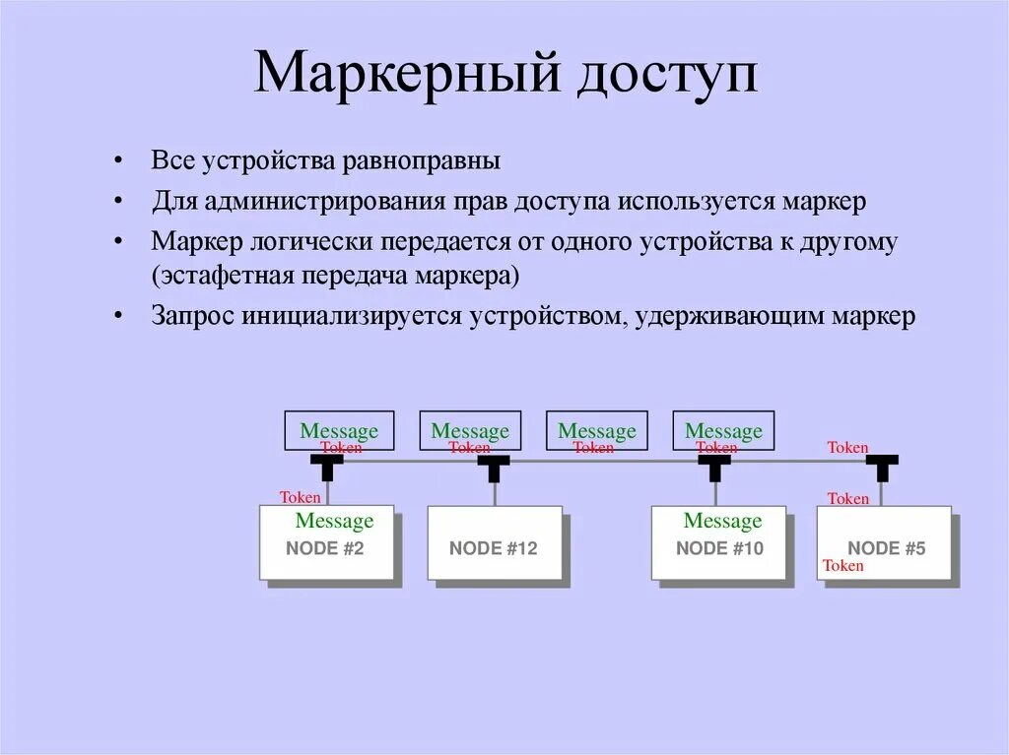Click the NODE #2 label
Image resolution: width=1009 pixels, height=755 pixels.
[325, 549]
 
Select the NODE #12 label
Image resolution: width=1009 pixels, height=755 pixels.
[494, 549]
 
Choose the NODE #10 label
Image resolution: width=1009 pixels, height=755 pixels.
[719, 549]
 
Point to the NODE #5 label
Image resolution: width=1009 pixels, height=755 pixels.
[887, 549]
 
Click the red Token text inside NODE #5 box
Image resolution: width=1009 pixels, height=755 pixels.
[842, 566]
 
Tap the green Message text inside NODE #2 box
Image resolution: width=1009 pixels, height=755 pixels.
[334, 521]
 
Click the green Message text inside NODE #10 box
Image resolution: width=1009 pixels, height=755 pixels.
[722, 521]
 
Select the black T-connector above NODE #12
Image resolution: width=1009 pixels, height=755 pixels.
[494, 467]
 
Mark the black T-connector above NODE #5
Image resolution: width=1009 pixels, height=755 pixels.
[882, 467]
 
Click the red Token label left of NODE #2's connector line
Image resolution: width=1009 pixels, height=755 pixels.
[300, 498]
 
